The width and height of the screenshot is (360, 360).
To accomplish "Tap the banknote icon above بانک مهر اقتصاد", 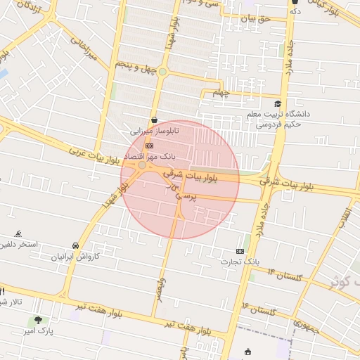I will tap(149, 146).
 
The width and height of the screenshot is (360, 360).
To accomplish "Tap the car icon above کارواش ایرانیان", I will tap(75, 245).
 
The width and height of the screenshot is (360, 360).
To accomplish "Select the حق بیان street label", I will tap(254, 19).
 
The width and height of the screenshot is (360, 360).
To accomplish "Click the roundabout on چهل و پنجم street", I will tap(163, 71).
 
